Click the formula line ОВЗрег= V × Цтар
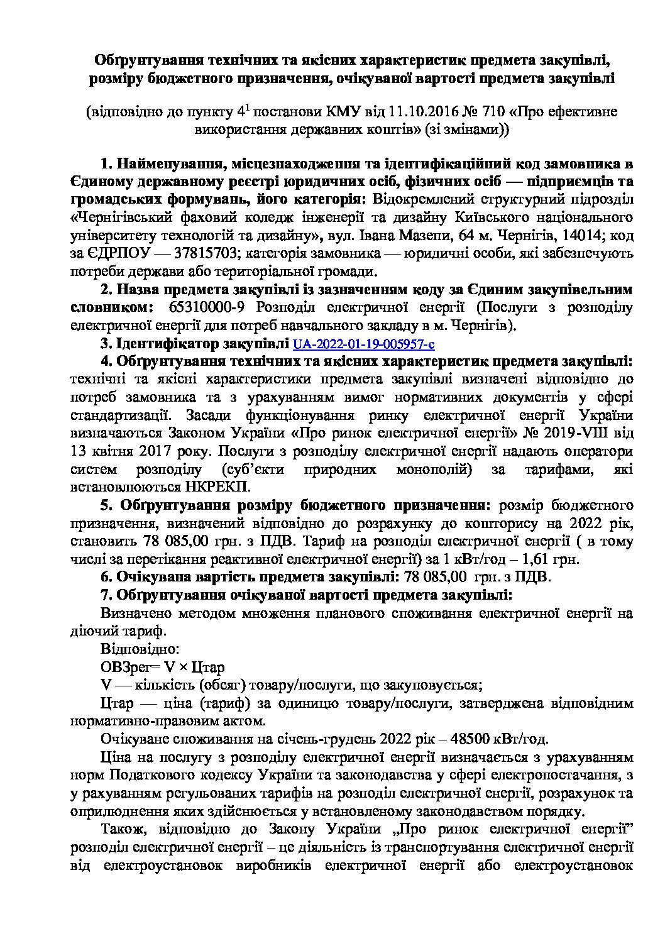coord(162,666)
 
